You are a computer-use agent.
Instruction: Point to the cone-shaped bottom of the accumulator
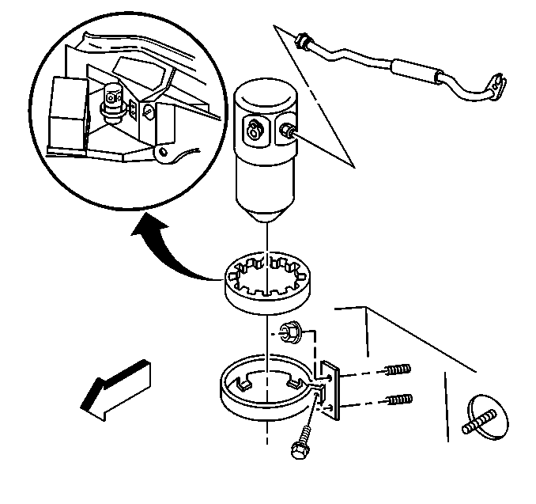click(267, 211)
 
